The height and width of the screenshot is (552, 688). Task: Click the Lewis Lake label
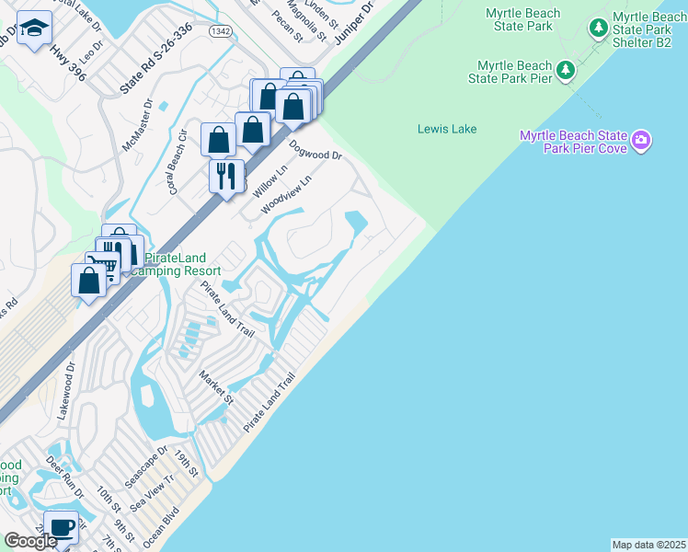[447, 129]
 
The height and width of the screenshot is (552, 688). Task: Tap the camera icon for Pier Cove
[641, 142]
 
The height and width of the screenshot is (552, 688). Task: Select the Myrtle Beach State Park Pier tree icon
[567, 70]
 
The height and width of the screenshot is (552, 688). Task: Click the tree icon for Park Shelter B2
[599, 27]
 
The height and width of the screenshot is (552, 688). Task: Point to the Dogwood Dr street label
[315, 150]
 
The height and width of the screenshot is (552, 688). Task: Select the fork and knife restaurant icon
[225, 174]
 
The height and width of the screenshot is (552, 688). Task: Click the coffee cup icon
[61, 528]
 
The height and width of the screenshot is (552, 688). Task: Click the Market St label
[217, 386]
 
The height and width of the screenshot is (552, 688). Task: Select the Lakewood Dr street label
[67, 391]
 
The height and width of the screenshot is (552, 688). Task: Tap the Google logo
[31, 541]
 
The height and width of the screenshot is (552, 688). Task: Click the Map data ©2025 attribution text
[648, 545]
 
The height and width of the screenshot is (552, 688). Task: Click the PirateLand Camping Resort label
[175, 264]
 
